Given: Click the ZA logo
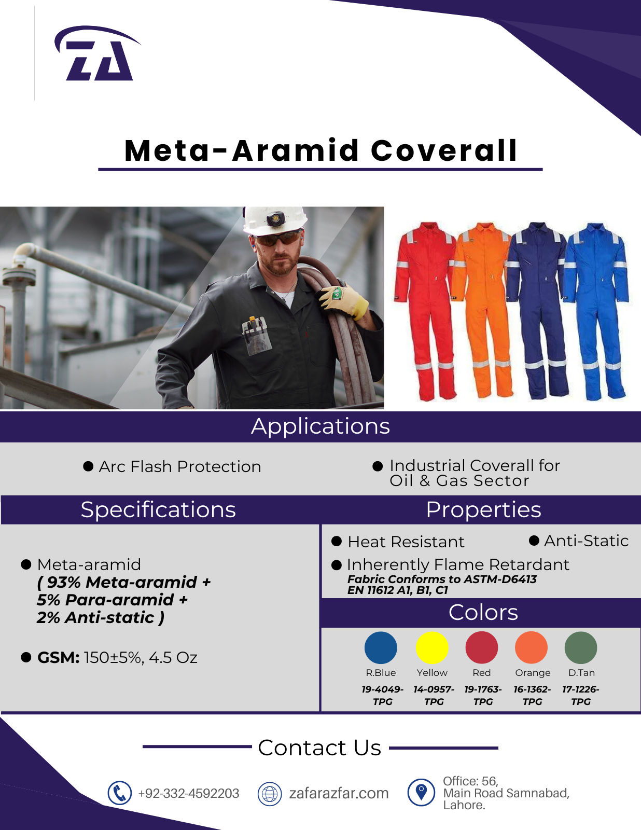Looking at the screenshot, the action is click(97, 53).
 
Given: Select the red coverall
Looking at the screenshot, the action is click(424, 309).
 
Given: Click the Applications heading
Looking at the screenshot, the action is click(320, 426).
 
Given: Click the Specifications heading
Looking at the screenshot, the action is click(158, 510).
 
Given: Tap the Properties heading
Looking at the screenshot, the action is click(483, 510).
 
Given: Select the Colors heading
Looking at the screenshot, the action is click(483, 613).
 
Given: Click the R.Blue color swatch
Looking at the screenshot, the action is click(381, 648).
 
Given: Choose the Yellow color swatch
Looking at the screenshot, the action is click(432, 648).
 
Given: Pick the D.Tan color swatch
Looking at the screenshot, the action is click(581, 648).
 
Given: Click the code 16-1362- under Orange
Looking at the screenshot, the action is click(532, 689).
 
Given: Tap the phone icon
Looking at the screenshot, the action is click(119, 793).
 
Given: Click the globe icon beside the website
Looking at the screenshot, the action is click(270, 794).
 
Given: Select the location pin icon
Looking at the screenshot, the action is click(421, 792).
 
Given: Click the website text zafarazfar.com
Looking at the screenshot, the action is click(339, 793).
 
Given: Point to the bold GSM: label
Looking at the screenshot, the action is click(58, 657).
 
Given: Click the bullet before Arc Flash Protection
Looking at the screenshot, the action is click(88, 466).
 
